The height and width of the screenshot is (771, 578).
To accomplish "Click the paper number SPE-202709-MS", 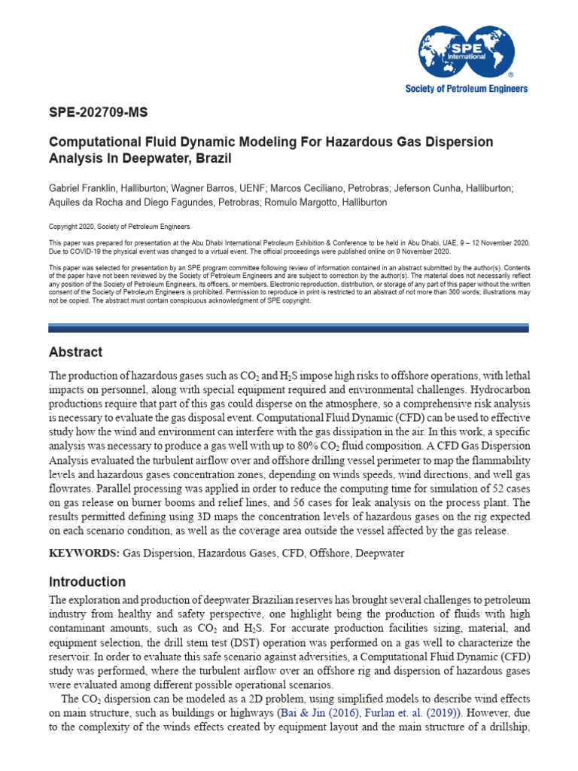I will point(98,114).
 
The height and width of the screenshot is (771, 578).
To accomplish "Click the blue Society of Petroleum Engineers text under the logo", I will point(466,89).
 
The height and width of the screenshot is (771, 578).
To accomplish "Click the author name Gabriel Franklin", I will point(82,187).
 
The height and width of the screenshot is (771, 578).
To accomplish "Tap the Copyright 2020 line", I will point(120,227).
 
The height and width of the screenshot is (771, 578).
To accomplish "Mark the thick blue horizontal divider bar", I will point(288,328).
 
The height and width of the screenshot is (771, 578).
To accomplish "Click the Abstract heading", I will point(75,352).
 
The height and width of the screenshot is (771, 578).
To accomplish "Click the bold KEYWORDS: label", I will point(84,553).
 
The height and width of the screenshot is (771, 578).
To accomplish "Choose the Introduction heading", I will point(87,582).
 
